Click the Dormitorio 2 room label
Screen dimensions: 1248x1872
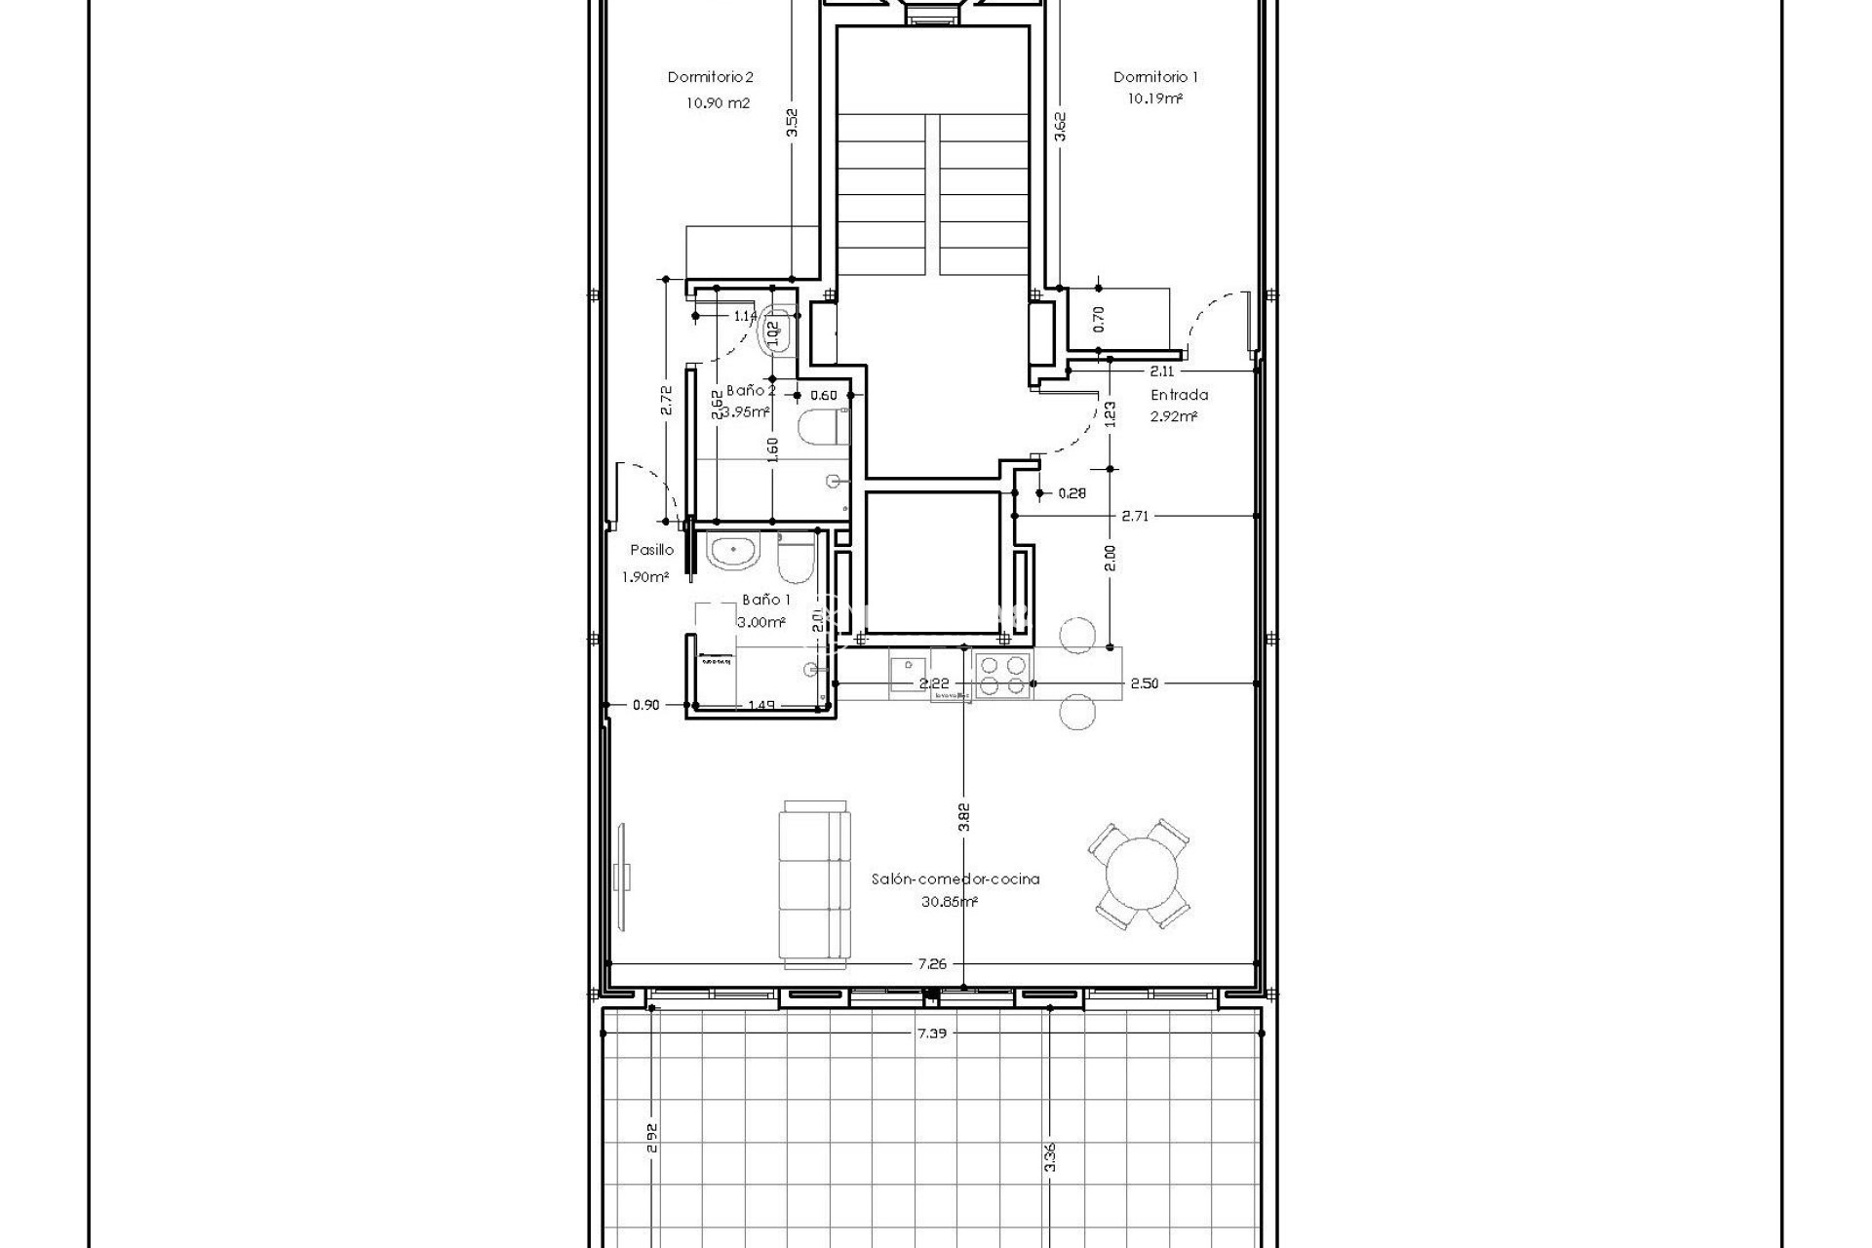click(x=710, y=77)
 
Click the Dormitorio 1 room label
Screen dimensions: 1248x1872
click(x=1155, y=77)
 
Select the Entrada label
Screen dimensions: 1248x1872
click(x=1179, y=395)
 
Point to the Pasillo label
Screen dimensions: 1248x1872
click(x=651, y=551)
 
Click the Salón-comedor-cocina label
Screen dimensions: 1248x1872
click(x=955, y=878)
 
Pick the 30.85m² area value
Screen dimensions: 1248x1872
click(x=949, y=903)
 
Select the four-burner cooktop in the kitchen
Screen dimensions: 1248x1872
click(x=1003, y=675)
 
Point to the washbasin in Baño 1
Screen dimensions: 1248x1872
click(x=732, y=553)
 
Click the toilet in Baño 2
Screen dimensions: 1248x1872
click(x=819, y=428)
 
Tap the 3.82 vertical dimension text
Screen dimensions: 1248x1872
click(x=963, y=817)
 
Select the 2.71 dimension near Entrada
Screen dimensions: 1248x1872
click(x=1135, y=516)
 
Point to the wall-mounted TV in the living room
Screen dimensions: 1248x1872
click(x=624, y=875)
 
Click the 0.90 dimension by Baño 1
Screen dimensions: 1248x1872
click(x=645, y=705)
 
